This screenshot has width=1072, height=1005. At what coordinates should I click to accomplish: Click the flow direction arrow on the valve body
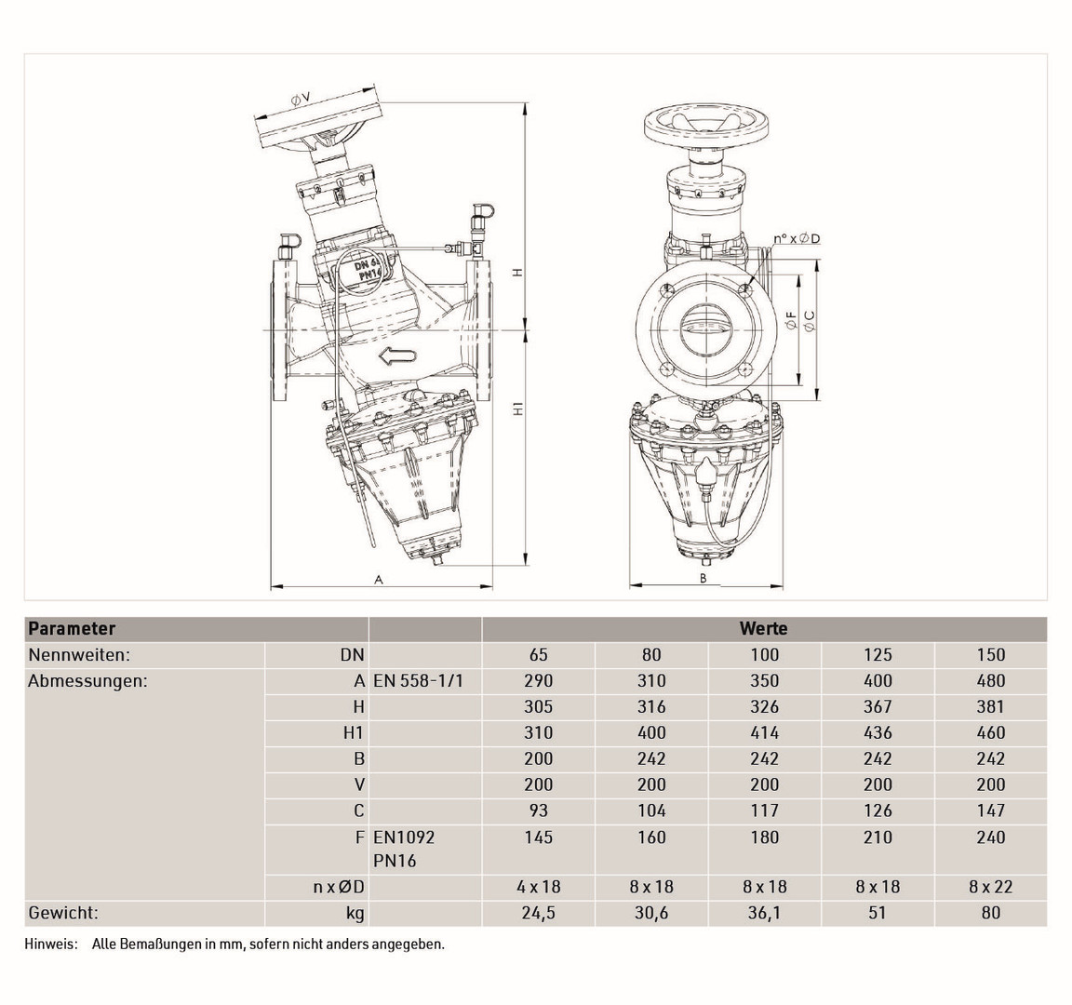pos(397,355)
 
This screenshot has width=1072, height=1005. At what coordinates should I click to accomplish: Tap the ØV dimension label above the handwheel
pos(301,100)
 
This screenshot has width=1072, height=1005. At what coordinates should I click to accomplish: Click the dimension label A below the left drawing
pos(379,580)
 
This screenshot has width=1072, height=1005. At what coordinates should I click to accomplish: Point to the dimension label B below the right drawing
pos(703,579)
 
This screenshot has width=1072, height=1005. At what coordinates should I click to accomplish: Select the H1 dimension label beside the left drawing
pos(519,409)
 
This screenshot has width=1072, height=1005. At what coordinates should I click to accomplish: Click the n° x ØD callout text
pos(797,238)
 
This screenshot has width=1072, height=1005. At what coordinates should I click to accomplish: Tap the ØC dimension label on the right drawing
pos(810,321)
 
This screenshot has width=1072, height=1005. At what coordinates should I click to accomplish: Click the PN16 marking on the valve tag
pos(369,275)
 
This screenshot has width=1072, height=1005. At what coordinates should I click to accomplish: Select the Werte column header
pos(764,628)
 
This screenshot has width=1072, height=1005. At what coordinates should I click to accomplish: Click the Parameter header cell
pos(72,628)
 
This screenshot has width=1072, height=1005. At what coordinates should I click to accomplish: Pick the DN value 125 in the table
pos(878,655)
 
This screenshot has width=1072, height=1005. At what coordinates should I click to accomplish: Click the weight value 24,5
pos(538,913)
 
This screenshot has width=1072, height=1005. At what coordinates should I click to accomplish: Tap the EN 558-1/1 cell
pos(419,681)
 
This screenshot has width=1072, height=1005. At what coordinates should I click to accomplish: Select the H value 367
pos(878,707)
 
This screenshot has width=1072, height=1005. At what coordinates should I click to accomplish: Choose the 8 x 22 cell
pos(990,887)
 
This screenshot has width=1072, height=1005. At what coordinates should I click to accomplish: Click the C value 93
pos(538,811)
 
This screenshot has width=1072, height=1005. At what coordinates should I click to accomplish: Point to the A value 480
pos(991,681)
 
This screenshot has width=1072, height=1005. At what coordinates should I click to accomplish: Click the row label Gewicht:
pos(63,913)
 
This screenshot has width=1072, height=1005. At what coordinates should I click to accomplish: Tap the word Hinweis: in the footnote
pos(51,945)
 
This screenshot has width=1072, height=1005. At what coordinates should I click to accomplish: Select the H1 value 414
pos(764,733)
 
